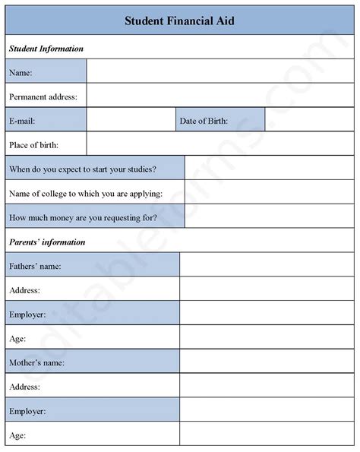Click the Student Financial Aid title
coord(179,21)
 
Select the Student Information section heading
coord(46,49)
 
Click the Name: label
coord(21,72)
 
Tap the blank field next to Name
coord(221,72)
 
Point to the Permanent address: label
coord(47,96)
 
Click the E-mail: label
coord(24,120)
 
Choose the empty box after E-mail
coord(131,120)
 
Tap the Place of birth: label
coord(34,144)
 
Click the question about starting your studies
coord(84,168)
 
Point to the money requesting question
coord(84,217)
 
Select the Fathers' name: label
coord(35,266)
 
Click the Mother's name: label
coord(36,363)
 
